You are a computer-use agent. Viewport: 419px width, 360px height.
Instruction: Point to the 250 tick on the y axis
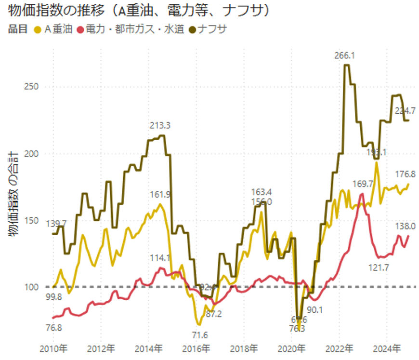[32, 87]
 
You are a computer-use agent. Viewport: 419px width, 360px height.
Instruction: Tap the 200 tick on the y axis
[32, 154]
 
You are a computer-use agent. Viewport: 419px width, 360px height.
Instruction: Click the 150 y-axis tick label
[32, 220]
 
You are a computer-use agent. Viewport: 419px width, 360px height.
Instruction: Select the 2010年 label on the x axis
[54, 348]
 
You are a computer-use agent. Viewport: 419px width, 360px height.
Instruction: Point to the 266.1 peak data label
[345, 56]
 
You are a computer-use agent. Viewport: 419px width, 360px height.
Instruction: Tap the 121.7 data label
[383, 267]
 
